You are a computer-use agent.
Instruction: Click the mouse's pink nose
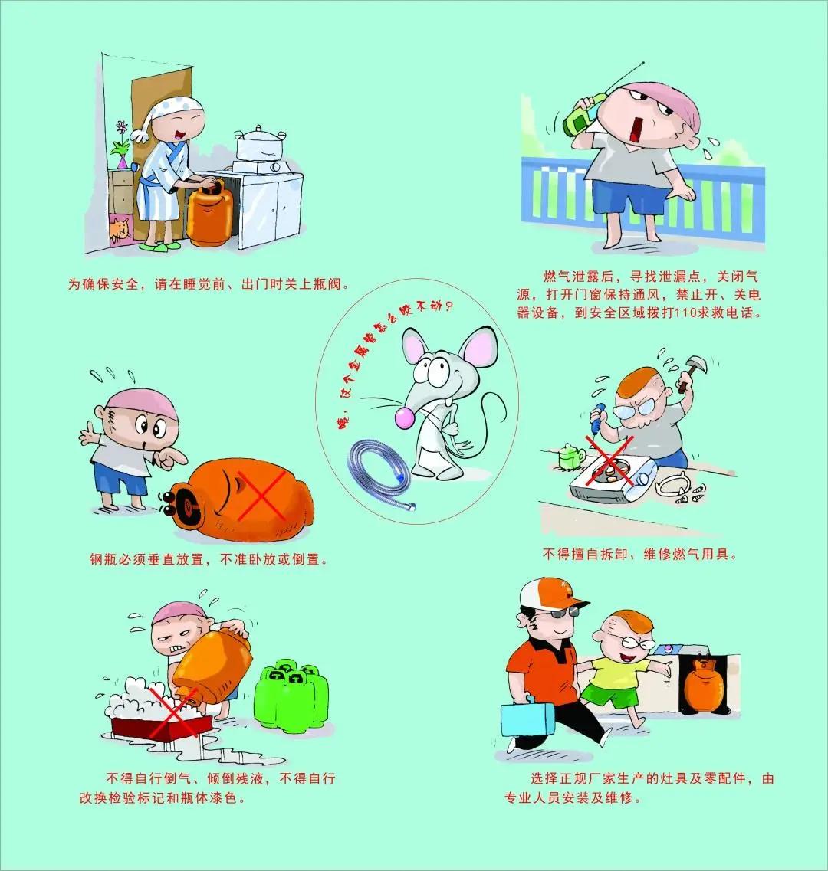(x=401, y=417)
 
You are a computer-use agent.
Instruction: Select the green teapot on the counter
(x=570, y=457)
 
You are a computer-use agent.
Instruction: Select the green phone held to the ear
(x=580, y=115)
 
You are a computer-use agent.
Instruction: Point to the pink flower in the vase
(x=120, y=127)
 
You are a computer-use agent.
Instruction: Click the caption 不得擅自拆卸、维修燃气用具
(x=640, y=554)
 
